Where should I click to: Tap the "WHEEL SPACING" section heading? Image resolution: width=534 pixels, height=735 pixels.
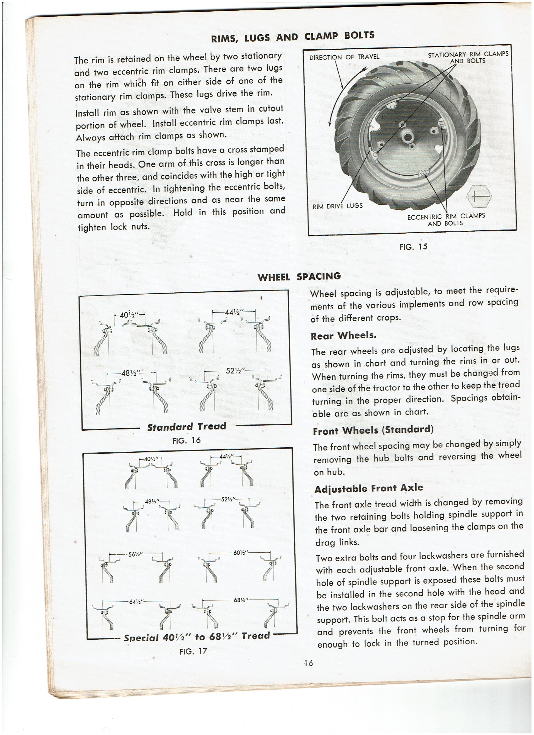click(299, 276)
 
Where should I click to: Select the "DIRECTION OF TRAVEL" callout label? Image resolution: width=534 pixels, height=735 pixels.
click(344, 57)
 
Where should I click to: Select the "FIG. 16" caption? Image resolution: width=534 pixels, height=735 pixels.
click(187, 440)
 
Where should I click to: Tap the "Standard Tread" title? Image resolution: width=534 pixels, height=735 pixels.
click(187, 427)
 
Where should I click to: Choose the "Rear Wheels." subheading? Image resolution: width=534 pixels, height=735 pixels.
click(343, 336)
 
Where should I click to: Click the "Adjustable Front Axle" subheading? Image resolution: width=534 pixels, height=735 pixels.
click(368, 489)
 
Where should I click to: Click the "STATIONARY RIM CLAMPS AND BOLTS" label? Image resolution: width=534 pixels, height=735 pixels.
click(468, 57)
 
